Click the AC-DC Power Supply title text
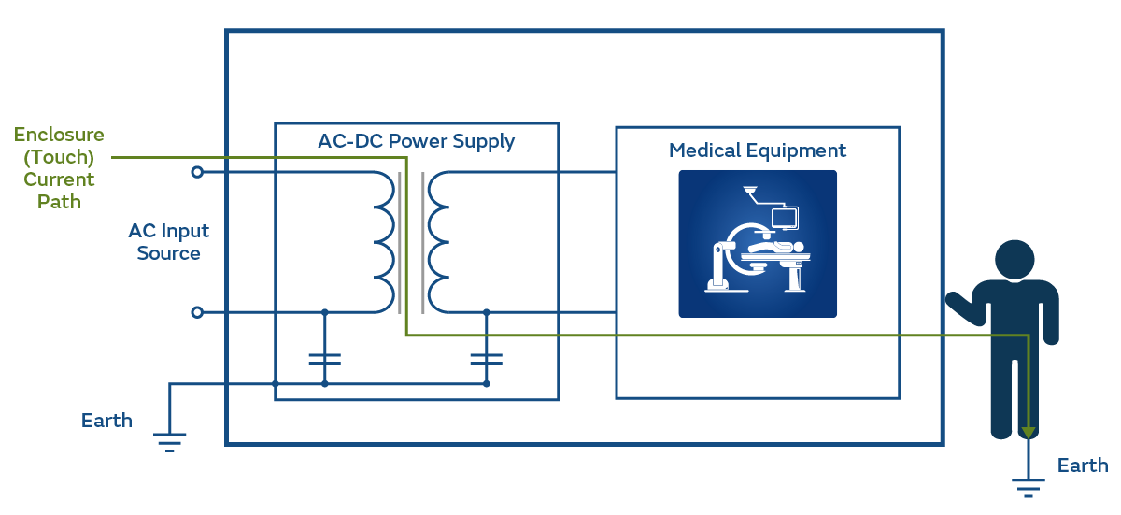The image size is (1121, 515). (x=416, y=142)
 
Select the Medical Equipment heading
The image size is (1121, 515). (x=757, y=150)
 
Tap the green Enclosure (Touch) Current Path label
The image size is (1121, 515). (x=59, y=168)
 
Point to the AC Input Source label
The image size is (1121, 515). (x=168, y=242)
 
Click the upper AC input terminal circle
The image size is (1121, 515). (x=197, y=172)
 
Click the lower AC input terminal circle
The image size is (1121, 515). (x=197, y=312)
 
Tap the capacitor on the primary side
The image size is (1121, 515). (x=324, y=358)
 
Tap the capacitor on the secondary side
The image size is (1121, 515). (x=486, y=358)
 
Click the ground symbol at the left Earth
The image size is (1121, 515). (x=169, y=440)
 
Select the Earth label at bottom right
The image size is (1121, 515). (x=1082, y=465)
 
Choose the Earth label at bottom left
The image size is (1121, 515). (x=106, y=421)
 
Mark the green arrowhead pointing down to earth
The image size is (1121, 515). (x=1029, y=432)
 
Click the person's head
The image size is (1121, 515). (x=1015, y=260)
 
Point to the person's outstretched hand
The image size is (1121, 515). (x=954, y=301)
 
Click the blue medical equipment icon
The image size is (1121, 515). (x=757, y=244)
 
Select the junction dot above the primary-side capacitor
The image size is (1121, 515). (x=324, y=312)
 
